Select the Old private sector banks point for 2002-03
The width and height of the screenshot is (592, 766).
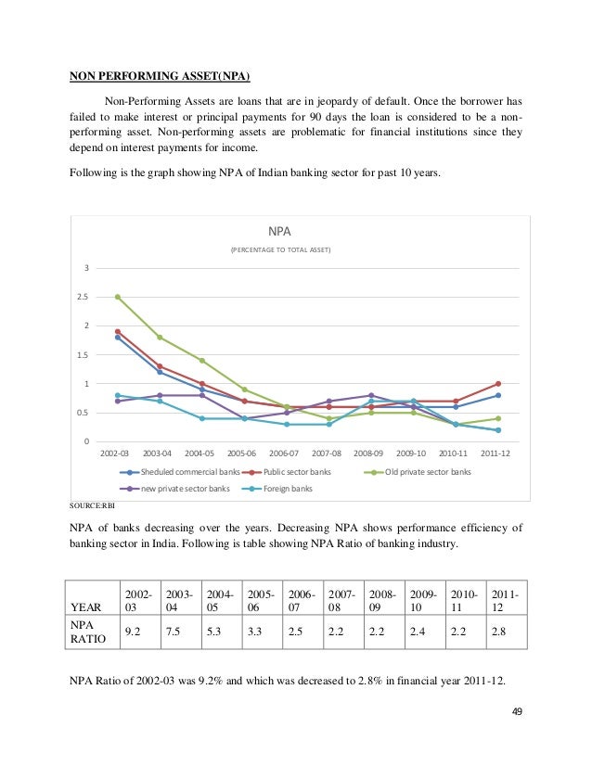click(117, 297)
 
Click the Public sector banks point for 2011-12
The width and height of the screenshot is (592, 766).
click(497, 383)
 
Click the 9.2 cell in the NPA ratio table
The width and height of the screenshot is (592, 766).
click(136, 632)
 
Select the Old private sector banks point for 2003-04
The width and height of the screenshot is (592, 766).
click(159, 338)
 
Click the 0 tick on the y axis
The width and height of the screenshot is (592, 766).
click(86, 441)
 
